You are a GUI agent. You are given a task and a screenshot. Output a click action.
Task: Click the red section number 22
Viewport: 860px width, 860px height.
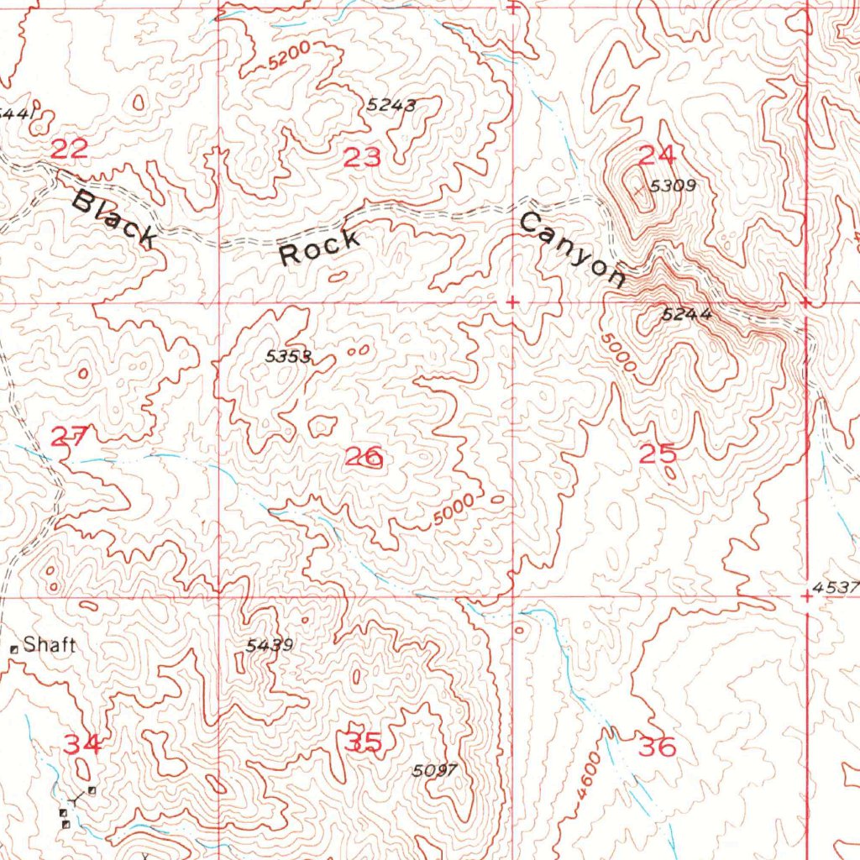(x=70, y=150)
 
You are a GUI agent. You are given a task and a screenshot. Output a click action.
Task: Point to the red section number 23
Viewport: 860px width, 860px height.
(x=363, y=157)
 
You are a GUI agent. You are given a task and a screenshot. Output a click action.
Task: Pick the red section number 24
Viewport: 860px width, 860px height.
(x=658, y=155)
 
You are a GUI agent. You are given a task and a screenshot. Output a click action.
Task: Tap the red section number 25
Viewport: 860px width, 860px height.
(x=658, y=454)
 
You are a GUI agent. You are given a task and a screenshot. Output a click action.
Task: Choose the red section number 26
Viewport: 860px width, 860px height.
(x=364, y=458)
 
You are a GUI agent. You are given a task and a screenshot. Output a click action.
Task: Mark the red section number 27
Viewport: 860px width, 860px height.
(x=70, y=437)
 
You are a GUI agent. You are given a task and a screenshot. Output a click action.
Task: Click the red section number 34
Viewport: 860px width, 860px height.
(x=84, y=744)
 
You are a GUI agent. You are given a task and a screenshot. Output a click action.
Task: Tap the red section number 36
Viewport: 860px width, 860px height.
(x=658, y=746)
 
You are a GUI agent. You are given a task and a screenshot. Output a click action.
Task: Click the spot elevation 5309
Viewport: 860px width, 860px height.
(x=674, y=186)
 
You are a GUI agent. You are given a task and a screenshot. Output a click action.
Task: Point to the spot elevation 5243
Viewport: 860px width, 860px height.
(x=391, y=105)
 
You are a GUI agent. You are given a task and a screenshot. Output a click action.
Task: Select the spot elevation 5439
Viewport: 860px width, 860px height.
(x=270, y=645)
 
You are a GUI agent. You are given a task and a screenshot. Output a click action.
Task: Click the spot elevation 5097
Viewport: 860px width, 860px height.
(x=435, y=771)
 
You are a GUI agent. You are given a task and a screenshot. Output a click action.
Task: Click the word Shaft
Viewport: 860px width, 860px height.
(x=50, y=646)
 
